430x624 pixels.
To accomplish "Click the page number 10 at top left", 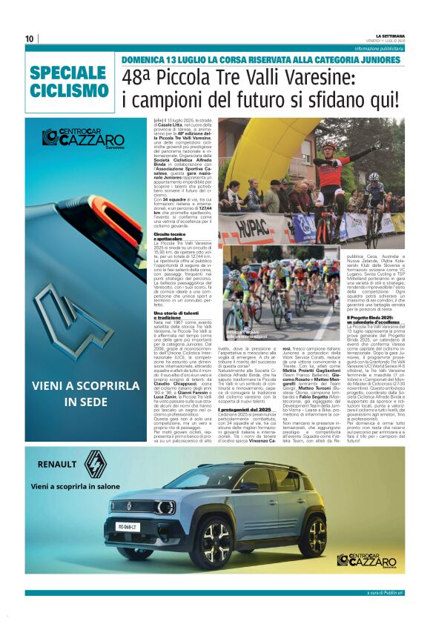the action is coord(30,39).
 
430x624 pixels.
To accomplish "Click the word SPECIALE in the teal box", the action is coord(68,73).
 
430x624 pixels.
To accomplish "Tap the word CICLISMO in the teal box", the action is coord(68,90).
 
